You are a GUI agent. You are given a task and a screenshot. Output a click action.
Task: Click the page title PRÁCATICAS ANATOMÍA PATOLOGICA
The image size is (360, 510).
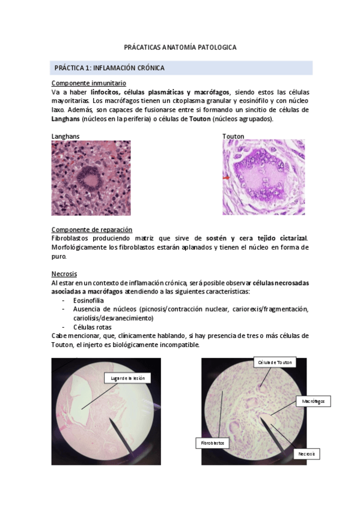pos(180,46)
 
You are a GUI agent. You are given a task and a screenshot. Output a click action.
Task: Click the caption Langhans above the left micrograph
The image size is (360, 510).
pos(65,137)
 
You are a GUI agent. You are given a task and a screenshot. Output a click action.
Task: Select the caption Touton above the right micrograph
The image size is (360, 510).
pos(233,137)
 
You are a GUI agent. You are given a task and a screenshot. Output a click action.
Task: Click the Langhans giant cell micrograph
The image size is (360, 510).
pos(91,177)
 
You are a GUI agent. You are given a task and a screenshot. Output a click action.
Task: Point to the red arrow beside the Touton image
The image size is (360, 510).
pos(226,178)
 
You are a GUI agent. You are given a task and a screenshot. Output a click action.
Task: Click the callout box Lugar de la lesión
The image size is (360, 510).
pos(129,378)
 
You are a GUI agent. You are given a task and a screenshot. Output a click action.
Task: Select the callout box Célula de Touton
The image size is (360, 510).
pos(275,362)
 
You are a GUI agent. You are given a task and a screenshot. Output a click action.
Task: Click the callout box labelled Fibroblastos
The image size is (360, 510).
pos(212,443)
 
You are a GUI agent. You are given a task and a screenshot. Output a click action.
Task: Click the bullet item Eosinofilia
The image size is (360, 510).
pos(89,300)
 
